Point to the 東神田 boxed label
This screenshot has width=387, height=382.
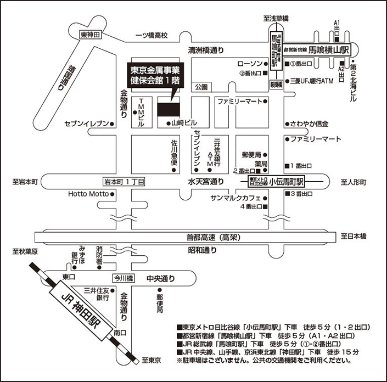(91, 35)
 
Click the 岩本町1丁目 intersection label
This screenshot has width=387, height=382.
(124, 182)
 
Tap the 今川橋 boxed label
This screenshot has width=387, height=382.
(124, 278)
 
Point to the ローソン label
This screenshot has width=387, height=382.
(248, 63)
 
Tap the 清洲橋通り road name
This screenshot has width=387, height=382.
(206, 50)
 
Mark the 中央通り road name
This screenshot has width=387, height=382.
(160, 278)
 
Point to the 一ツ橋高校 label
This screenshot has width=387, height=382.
(152, 36)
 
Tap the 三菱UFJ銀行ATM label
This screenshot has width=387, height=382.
(312, 81)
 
